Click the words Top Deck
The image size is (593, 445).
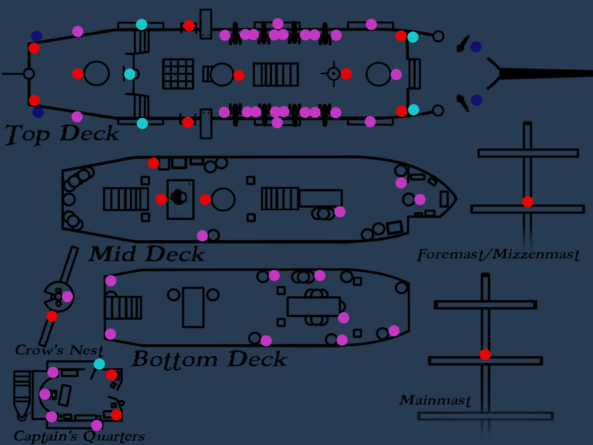pos(62,134)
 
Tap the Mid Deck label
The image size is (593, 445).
pos(146,254)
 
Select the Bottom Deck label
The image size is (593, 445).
pos(209,359)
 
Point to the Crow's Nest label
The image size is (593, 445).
pos(59,350)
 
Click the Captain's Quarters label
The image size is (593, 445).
pos(79,436)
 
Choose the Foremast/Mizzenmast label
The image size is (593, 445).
pos(498,254)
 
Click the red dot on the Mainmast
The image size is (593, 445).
pos(485,355)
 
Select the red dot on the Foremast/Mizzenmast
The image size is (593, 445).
pos(528,202)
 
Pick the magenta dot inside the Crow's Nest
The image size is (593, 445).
pos(67,297)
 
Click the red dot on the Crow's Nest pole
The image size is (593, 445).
pos(52,316)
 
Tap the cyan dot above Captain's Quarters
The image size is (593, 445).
pos(99,364)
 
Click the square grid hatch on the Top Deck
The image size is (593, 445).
pos(178,74)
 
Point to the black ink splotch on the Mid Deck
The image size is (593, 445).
pos(179,197)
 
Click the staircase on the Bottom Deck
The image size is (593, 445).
pos(124,307)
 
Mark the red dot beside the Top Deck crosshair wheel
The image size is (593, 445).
pos(346,74)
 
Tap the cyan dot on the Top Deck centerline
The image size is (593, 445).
pos(130,74)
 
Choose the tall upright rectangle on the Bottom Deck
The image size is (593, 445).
pos(193,307)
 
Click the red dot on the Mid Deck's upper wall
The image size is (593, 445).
pos(153,163)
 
